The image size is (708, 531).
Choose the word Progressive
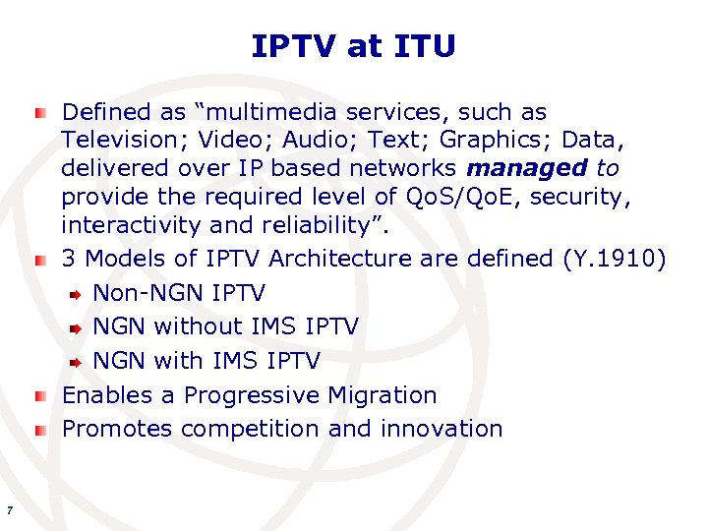pyautogui.click(x=252, y=395)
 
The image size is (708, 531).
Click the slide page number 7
pyautogui.click(x=9, y=509)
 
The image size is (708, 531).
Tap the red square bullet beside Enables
pyautogui.click(x=39, y=396)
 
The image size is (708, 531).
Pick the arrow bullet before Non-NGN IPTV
pyautogui.click(x=76, y=294)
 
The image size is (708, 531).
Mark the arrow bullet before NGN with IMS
pyautogui.click(x=76, y=362)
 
